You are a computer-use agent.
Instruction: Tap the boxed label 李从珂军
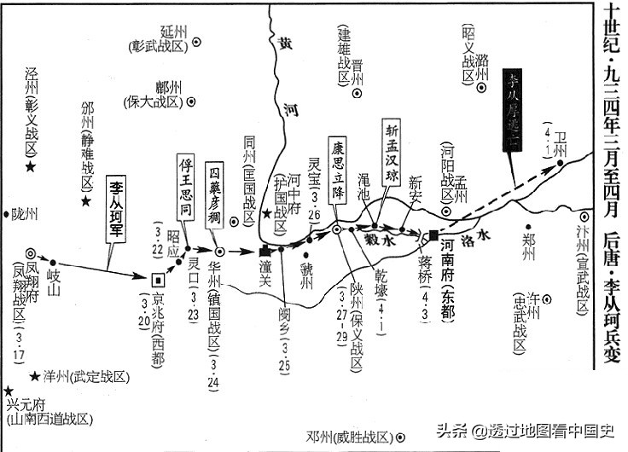117,209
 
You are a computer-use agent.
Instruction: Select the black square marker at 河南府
434,235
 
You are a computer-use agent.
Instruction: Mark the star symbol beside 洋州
35,376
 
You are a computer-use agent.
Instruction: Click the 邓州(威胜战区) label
349,437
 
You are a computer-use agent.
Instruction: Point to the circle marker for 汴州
584,217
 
